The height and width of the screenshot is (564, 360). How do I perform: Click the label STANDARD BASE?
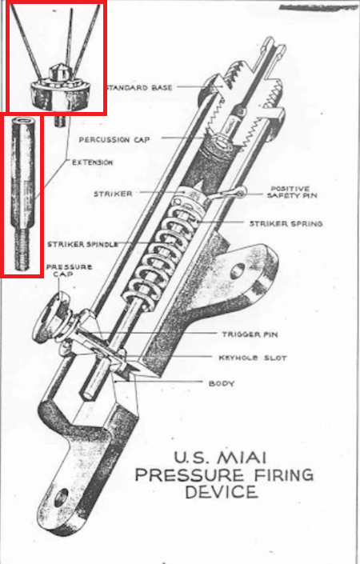click(x=140, y=87)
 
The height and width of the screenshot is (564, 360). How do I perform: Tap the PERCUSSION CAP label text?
click(x=114, y=139)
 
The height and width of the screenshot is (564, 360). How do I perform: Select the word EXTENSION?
click(x=93, y=162)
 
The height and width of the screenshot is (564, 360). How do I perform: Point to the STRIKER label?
click(x=113, y=194)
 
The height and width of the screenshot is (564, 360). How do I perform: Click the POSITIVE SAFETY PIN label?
click(x=292, y=192)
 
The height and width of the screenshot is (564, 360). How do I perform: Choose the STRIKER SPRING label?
click(x=286, y=224)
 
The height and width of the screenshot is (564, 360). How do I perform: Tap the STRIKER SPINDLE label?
click(x=82, y=245)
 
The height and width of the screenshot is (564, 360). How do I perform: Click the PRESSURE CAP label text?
click(x=69, y=270)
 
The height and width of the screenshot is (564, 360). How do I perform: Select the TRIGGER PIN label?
click(x=250, y=334)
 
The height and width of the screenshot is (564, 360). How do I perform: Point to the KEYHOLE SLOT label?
click(x=253, y=358)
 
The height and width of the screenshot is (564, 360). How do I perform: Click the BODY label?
click(x=222, y=383)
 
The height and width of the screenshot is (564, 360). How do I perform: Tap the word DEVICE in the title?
click(x=222, y=492)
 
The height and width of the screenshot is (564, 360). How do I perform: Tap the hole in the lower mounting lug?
click(x=62, y=496)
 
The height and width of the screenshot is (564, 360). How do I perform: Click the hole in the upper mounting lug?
click(x=238, y=270)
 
